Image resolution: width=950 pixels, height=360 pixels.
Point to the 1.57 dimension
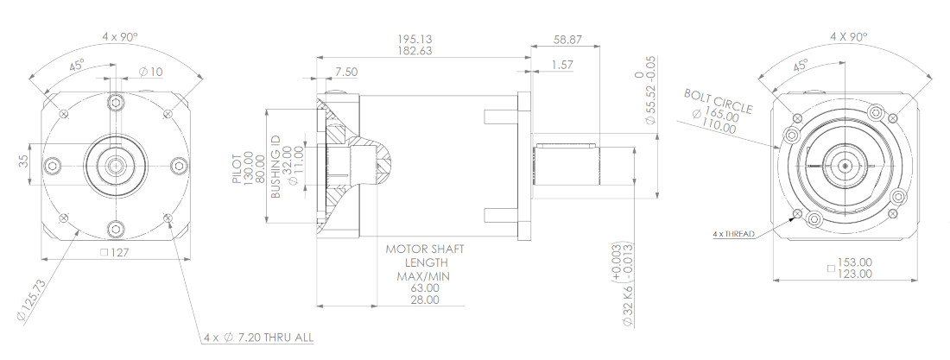(561, 65)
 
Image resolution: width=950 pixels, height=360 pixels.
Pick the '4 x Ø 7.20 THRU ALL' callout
(258, 338)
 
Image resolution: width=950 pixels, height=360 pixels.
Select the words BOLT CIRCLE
(717, 100)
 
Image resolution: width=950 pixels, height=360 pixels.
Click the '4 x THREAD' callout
(734, 234)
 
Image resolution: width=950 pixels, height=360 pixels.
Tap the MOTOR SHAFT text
(424, 249)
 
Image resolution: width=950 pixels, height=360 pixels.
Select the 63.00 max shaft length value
(424, 288)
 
